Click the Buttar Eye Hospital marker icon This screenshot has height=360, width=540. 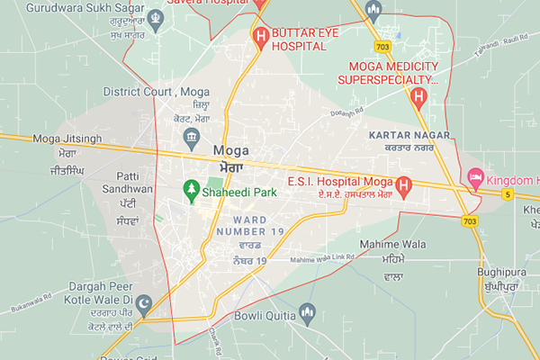coord(261,37)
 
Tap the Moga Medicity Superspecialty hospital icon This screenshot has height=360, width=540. coord(418,96)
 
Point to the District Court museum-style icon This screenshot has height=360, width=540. coord(191,135)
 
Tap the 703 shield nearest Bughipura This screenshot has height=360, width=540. coord(468,221)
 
